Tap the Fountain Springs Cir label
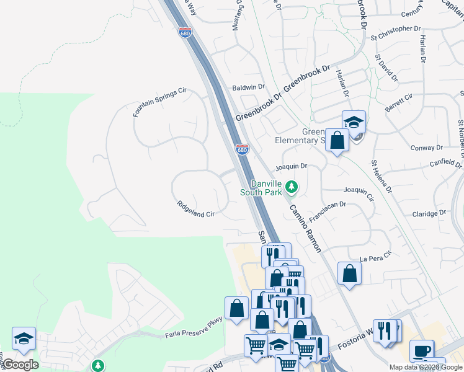coord(159,102)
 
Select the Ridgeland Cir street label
coord(195,209)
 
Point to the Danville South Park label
coord(266,188)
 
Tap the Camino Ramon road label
coord(304,228)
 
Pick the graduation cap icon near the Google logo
coord(24,339)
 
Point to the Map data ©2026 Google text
coord(426,367)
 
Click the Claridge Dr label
coord(429,213)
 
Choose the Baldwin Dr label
coord(248,87)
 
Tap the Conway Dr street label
coord(426,148)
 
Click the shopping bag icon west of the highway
coord(236,308)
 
